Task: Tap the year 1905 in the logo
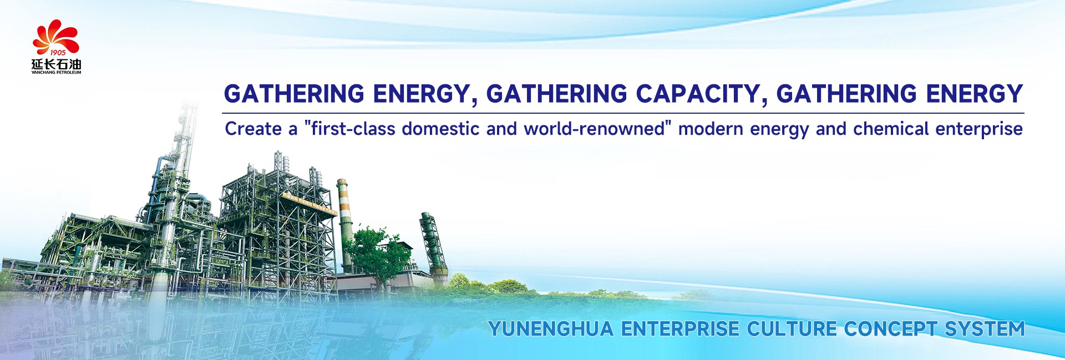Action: (x=58, y=53)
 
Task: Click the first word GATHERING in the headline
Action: (x=294, y=94)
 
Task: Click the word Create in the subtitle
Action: (x=253, y=129)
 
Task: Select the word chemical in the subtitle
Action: (x=891, y=129)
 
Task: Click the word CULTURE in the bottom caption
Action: (x=792, y=329)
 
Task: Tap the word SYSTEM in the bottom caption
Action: (x=985, y=329)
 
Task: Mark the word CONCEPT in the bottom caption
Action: (x=891, y=329)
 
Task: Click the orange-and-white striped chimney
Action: (x=344, y=225)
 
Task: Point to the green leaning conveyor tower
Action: (x=434, y=244)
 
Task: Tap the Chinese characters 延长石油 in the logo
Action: (x=56, y=64)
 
